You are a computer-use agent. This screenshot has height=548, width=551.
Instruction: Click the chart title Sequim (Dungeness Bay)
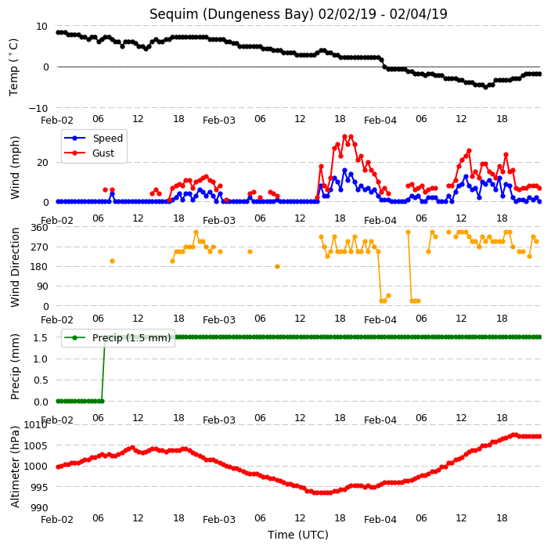tap(232, 14)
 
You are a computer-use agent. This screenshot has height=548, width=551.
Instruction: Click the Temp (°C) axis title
tap(14, 67)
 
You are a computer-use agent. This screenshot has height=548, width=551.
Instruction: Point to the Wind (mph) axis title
tap(15, 168)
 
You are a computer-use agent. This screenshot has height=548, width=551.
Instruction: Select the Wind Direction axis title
tap(15, 268)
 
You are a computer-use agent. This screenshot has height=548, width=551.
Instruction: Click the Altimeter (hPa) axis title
tap(15, 467)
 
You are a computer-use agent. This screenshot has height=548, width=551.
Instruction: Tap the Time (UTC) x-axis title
tap(298, 535)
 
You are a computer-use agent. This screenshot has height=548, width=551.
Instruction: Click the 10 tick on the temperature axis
tap(41, 27)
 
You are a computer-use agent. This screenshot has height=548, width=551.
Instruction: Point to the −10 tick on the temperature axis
tap(38, 108)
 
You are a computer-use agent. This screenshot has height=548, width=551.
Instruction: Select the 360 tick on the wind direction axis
tap(39, 228)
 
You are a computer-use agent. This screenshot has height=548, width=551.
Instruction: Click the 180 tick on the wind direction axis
tap(39, 267)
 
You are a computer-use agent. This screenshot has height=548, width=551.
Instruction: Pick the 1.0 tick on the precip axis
tap(41, 359)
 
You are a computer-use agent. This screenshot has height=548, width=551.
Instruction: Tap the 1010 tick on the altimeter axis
tap(35, 425)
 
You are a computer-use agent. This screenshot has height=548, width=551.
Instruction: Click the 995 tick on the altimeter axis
tap(38, 487)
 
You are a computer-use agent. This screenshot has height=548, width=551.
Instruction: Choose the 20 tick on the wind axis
tap(42, 163)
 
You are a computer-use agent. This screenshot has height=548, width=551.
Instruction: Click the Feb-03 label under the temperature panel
tap(219, 121)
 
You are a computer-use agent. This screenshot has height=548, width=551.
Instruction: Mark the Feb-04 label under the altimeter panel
tap(380, 520)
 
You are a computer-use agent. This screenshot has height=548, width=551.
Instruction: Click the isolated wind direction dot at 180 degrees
tap(277, 267)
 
